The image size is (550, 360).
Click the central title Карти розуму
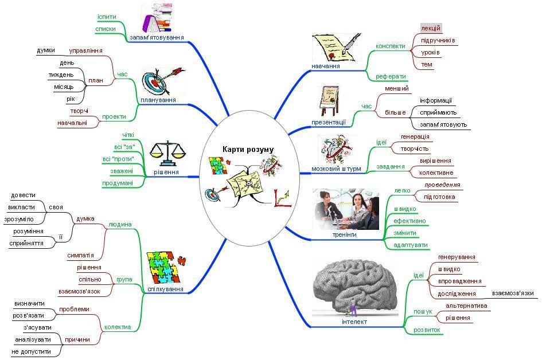(x=248, y=150)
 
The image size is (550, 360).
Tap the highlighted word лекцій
(x=430, y=28)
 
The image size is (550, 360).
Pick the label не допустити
(x=31, y=351)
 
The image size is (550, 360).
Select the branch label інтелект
(x=354, y=322)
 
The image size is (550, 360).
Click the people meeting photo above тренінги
(x=346, y=209)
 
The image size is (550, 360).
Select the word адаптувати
(x=411, y=245)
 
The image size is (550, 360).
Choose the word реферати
(x=391, y=76)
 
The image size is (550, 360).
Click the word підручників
(x=438, y=40)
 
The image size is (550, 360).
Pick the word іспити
(x=107, y=17)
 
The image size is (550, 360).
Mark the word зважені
(x=122, y=171)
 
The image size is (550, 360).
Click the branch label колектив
(x=118, y=327)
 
